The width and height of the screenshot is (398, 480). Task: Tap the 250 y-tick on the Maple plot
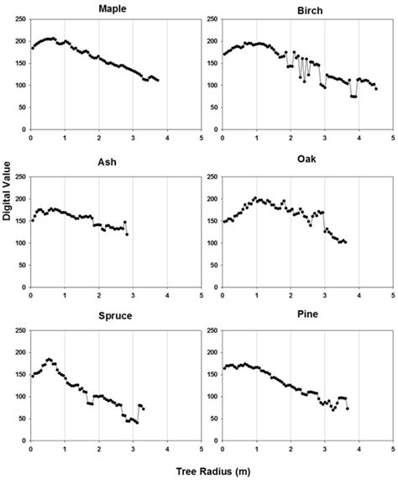pyautogui.click(x=20, y=17)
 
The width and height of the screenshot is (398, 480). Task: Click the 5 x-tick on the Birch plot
pyautogui.click(x=394, y=138)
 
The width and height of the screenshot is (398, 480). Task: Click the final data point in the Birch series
pyautogui.click(x=376, y=88)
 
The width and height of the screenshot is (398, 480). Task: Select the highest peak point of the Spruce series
pyautogui.click(x=49, y=359)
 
